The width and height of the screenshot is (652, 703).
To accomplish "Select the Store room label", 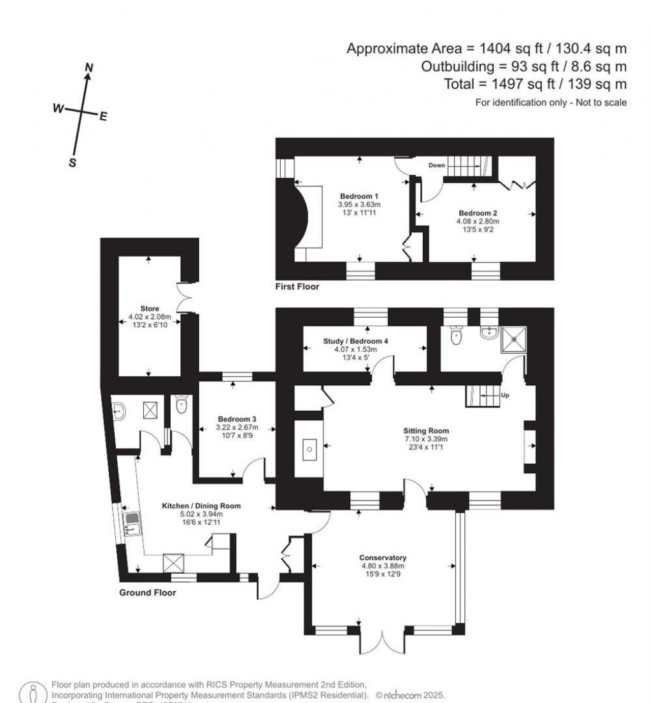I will tap(150, 308).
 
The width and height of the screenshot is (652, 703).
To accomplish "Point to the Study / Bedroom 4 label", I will tap(364, 341).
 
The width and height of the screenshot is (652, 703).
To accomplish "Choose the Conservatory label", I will tap(383, 557).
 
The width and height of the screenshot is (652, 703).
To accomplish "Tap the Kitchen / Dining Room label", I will tap(201, 506).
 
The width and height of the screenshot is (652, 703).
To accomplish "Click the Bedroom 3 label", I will tap(236, 419).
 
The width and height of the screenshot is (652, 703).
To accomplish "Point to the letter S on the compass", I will tap(73, 162).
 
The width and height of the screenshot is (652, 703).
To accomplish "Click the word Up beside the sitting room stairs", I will tap(506, 395).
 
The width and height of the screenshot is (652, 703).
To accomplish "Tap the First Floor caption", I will tap(297, 287).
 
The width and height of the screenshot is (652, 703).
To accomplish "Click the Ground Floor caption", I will tap(148, 592).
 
